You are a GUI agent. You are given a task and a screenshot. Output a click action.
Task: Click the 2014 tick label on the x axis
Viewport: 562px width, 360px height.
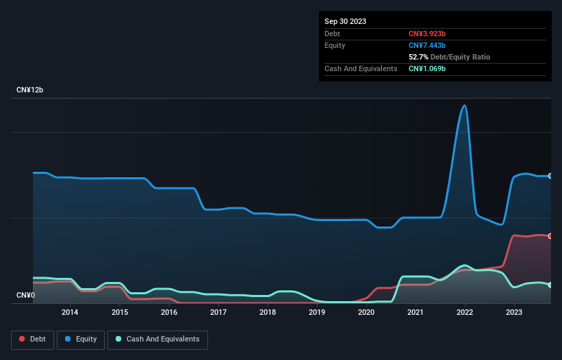coord(70,313)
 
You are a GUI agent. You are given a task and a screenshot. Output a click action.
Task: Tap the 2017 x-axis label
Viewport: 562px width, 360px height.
coord(218,313)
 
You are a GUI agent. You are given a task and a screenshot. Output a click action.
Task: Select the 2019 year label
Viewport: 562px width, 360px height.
coord(317,313)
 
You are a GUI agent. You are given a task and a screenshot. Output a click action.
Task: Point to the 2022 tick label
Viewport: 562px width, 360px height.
coord(465,313)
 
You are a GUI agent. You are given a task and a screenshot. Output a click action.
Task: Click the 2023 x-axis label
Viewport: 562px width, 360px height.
coord(514,313)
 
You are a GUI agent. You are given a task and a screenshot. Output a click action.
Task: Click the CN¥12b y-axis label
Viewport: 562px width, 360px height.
coord(30,90)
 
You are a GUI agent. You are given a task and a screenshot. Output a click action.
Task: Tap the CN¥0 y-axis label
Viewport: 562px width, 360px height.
coord(25,296)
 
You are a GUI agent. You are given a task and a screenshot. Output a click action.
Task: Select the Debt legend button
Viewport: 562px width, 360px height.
coord(31,339)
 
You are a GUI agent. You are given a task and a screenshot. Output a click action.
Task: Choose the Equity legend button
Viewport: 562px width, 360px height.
coord(81,339)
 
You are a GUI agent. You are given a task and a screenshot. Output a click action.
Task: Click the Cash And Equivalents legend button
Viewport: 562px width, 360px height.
coord(157,339)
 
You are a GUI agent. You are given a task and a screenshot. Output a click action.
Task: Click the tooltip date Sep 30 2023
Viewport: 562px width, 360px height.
coord(345,21)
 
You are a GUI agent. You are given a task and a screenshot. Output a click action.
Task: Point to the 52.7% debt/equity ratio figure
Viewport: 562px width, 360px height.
coord(420,57)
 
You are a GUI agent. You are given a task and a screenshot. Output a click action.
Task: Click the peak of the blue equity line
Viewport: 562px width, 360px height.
coord(465,105)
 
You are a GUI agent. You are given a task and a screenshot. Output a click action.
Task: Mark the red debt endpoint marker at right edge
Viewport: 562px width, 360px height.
coord(550,236)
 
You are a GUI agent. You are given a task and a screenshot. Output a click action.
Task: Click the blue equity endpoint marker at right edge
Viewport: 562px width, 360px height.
coord(550,176)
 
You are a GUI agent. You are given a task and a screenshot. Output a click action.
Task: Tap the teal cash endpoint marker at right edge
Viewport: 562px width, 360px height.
coord(550,285)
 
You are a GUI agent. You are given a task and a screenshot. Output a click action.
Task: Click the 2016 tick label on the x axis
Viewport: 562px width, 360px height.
coord(169,313)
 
